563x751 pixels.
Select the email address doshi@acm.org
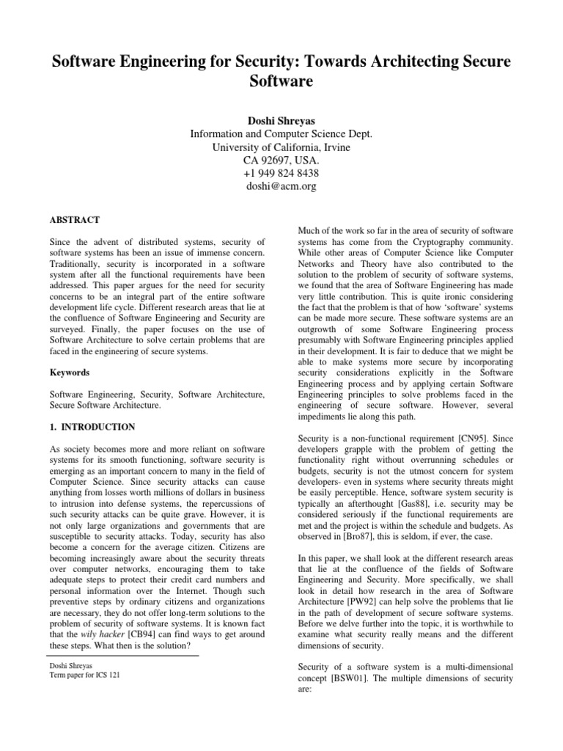(281, 187)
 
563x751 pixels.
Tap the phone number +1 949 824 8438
(281, 174)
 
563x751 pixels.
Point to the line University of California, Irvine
(281, 147)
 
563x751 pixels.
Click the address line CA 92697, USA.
(281, 160)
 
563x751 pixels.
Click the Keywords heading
(69, 373)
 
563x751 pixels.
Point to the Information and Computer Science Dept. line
(281, 133)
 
